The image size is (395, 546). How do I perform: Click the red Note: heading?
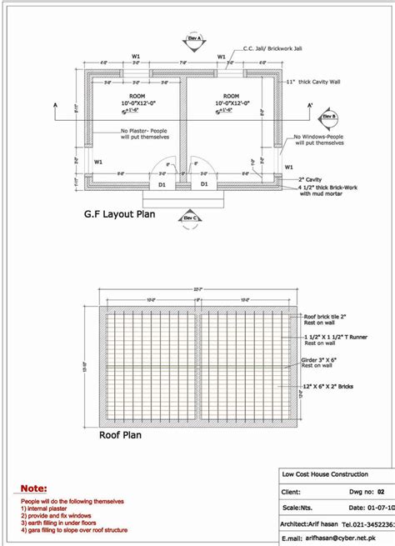34,488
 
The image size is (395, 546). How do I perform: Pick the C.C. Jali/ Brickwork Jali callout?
278,48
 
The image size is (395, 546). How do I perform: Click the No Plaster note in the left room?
145,134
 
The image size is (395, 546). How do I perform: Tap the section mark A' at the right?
310,105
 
